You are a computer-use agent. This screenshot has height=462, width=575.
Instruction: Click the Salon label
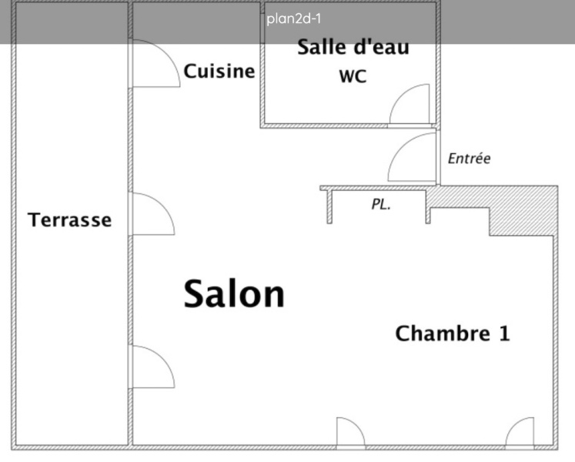(234, 293)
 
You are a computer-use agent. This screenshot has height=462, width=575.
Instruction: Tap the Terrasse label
(69, 220)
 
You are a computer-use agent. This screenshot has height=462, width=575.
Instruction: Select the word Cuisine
(219, 72)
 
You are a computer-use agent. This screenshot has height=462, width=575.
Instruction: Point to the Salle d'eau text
(353, 48)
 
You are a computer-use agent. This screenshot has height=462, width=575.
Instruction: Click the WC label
(353, 77)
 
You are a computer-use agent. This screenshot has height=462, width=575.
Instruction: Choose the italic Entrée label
(469, 159)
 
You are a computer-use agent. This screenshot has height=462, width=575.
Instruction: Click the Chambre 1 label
(452, 333)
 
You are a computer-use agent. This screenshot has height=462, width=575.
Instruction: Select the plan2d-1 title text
(288, 19)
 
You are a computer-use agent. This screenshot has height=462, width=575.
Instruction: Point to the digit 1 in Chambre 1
(503, 333)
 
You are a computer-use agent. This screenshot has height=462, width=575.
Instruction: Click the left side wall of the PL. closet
(329, 206)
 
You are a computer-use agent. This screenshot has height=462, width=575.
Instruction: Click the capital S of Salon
(196, 293)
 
